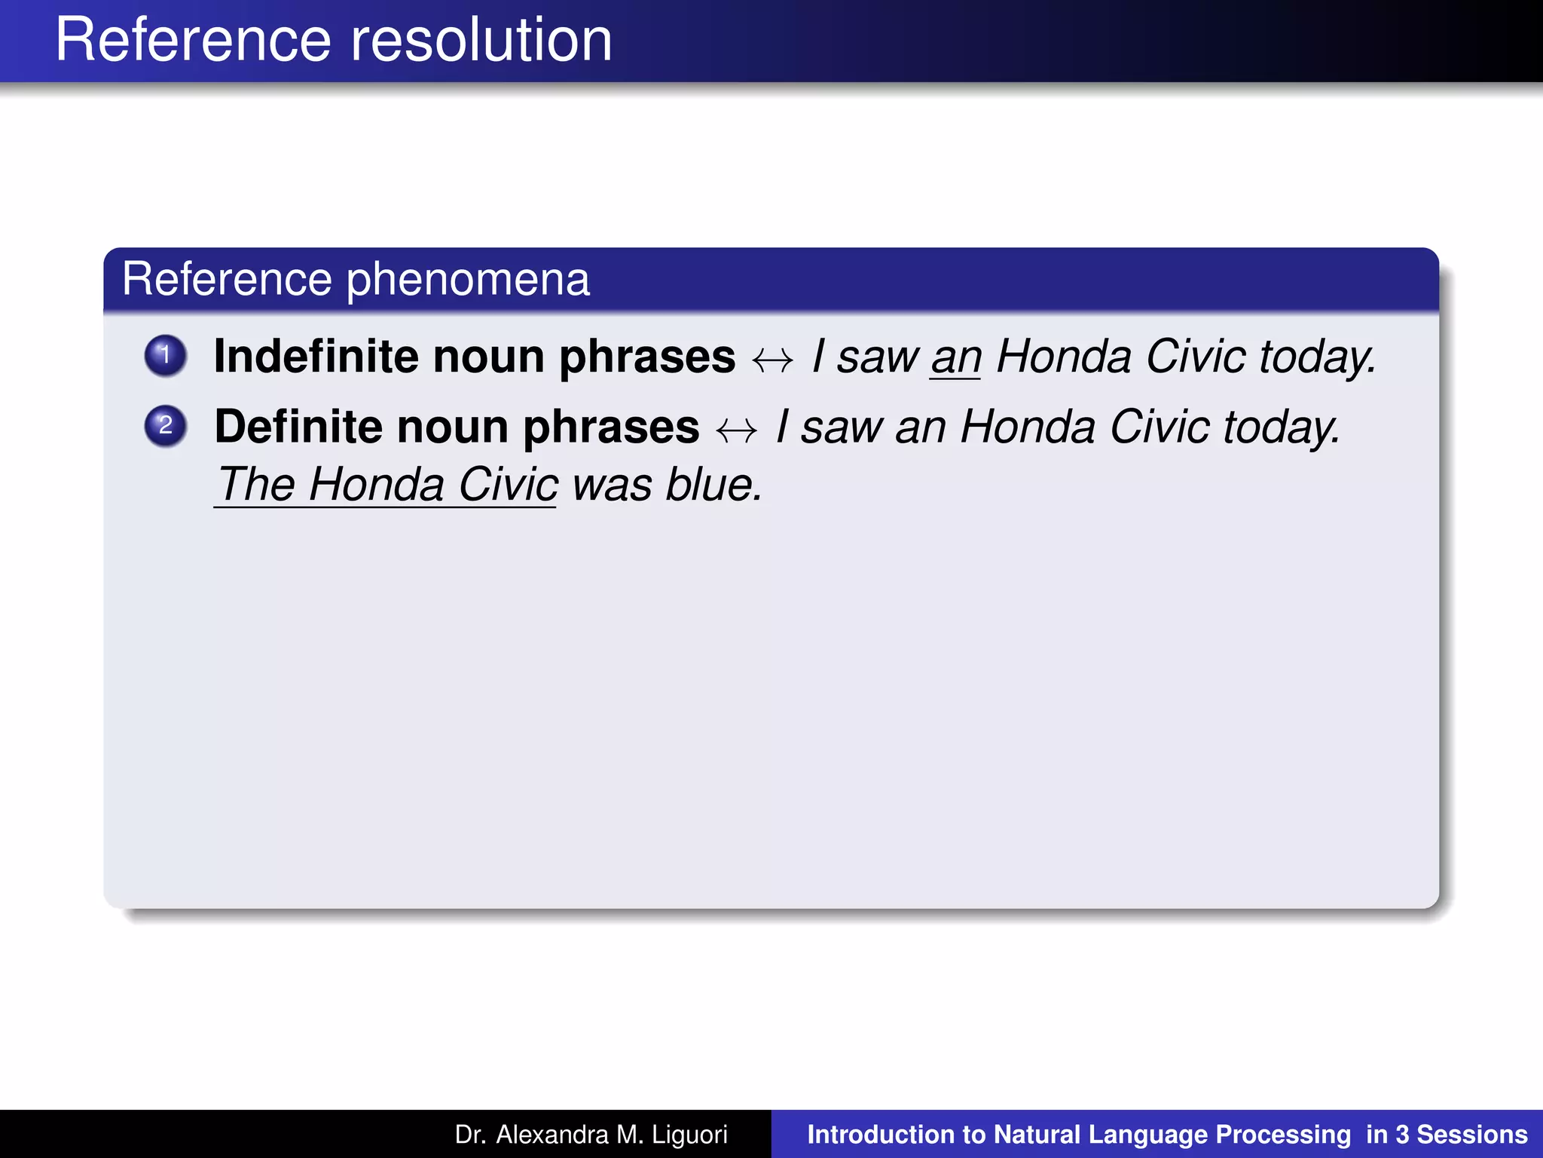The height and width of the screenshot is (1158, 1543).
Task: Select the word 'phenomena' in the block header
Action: click(x=468, y=280)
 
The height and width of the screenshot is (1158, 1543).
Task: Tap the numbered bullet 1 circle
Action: click(x=166, y=355)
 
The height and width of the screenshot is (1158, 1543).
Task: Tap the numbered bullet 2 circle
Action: click(x=166, y=426)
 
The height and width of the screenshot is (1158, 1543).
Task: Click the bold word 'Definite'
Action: click(x=298, y=427)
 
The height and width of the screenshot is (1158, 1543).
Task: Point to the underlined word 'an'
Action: click(x=955, y=357)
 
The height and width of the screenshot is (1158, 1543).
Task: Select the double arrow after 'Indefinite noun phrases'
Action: click(x=773, y=360)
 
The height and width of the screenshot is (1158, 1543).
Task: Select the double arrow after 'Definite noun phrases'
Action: click(x=737, y=430)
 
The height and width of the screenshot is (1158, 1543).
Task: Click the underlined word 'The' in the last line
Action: click(x=255, y=484)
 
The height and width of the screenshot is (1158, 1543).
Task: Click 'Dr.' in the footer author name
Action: click(x=470, y=1135)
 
